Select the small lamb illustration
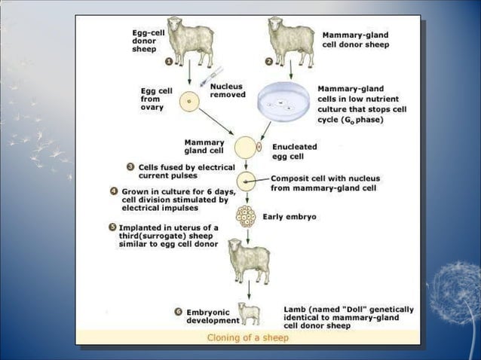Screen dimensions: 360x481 pos(249,313)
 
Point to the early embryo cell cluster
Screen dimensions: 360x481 pos(247,216)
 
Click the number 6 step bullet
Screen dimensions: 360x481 pos(179,310)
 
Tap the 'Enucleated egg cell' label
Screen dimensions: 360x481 pos(294,151)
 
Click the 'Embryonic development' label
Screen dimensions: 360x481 pos(213,316)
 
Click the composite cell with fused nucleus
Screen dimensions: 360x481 pos(247,181)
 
